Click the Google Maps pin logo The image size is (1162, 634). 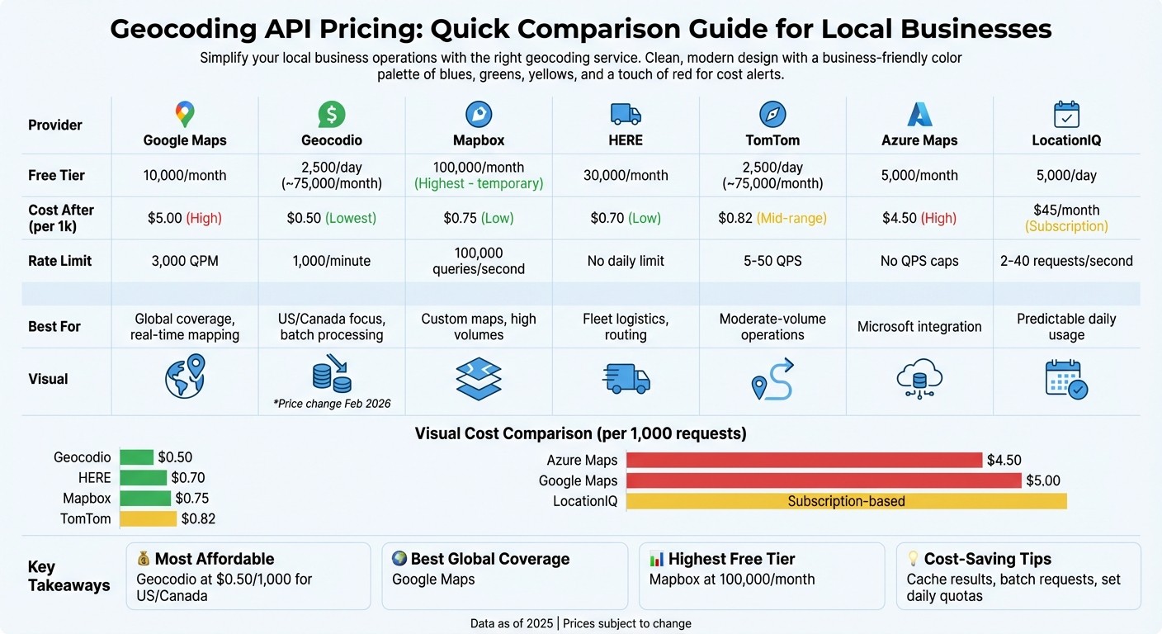click(184, 114)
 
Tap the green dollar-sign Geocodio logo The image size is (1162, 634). click(332, 114)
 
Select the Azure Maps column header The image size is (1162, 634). click(919, 140)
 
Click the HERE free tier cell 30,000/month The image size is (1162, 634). click(625, 175)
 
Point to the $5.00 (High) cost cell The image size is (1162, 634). click(184, 218)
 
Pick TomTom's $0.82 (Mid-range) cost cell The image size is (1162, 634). click(772, 218)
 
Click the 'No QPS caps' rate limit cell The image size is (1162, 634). click(919, 261)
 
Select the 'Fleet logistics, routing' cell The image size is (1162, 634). click(625, 327)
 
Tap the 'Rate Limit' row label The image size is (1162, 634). click(59, 261)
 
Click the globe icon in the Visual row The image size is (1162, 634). click(184, 376)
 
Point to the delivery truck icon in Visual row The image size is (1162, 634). click(626, 377)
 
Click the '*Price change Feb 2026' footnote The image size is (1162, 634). click(332, 404)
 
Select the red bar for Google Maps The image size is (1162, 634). click(823, 480)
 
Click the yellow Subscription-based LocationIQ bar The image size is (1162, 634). click(846, 501)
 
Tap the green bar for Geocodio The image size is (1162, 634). click(137, 457)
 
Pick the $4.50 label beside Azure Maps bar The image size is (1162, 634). click(1004, 461)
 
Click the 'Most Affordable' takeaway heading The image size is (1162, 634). click(214, 559)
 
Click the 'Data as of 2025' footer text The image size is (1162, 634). click(512, 623)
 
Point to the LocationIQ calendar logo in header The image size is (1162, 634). click(1066, 114)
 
